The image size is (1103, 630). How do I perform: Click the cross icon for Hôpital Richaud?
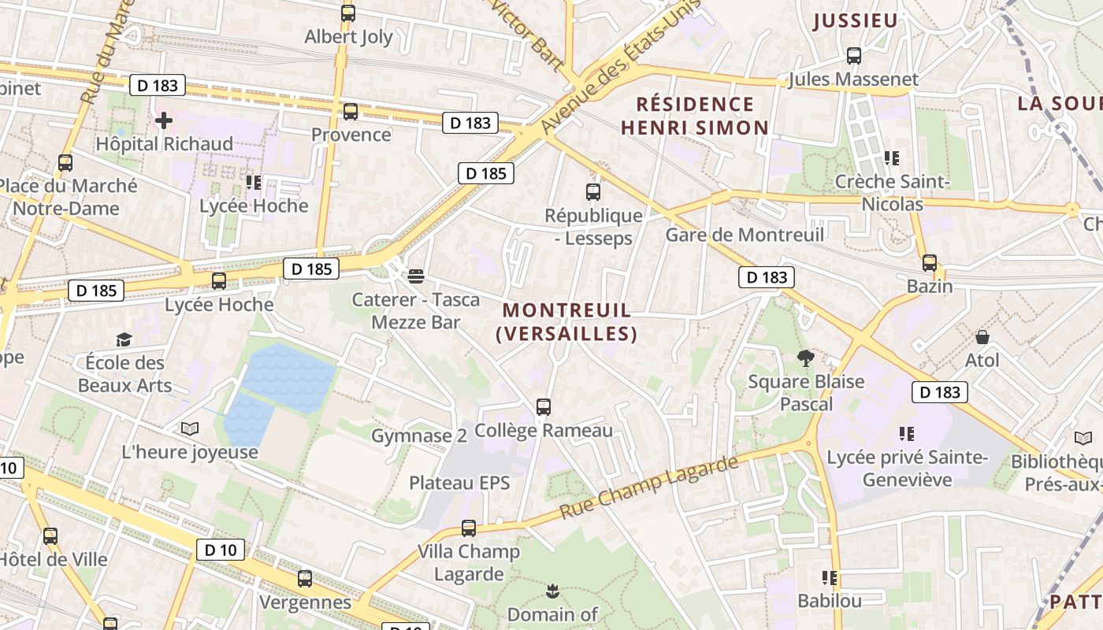tap(164, 120)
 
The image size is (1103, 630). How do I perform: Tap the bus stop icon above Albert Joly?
tap(348, 13)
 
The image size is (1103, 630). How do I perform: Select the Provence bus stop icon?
tap(351, 112)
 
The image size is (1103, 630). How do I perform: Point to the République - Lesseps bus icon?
tap(593, 192)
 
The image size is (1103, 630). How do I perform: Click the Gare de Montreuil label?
tap(745, 235)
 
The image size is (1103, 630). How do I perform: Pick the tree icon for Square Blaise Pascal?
tap(805, 359)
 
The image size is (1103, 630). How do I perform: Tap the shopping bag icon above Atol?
tap(982, 337)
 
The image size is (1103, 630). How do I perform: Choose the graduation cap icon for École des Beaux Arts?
tap(124, 339)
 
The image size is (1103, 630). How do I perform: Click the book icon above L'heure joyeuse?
tap(190, 428)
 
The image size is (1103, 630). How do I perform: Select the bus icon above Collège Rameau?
tap(544, 407)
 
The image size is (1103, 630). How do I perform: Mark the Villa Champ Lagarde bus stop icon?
tap(469, 528)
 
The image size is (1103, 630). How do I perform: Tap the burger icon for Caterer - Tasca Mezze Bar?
tap(416, 276)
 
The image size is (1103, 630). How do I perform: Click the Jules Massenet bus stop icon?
tap(854, 56)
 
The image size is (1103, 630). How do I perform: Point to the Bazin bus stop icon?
tap(930, 263)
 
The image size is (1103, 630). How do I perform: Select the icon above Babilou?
tap(829, 578)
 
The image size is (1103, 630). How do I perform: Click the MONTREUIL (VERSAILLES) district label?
tap(566, 322)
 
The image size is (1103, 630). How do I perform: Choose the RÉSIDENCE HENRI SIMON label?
tap(694, 116)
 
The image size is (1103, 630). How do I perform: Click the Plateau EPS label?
tap(459, 483)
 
